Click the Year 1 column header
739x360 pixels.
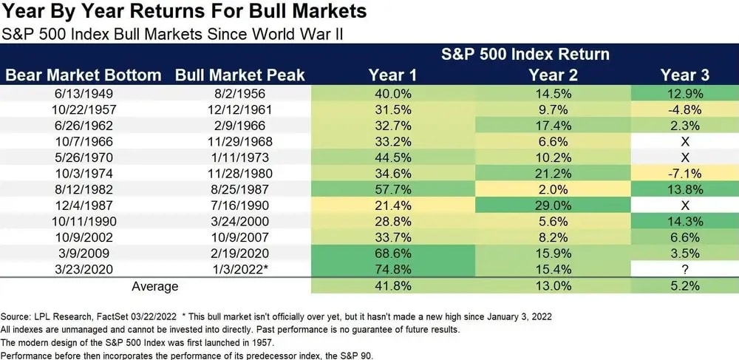coord(392,75)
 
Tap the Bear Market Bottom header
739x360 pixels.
coord(83,75)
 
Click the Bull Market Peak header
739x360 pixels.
coord(240,75)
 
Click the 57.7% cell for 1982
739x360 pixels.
coord(392,189)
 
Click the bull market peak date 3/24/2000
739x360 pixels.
coord(240,222)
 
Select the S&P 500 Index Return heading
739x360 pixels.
coord(525,55)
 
